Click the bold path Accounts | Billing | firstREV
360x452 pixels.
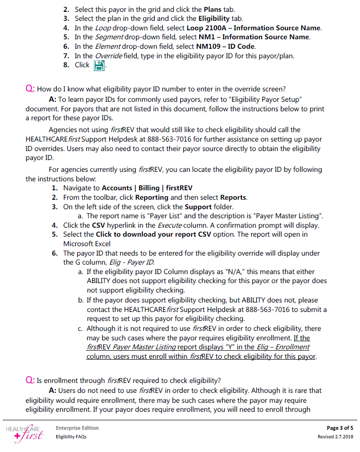(147, 188)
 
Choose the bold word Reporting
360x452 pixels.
(151, 197)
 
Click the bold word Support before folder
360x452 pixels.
(198, 207)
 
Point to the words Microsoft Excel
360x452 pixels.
(87, 244)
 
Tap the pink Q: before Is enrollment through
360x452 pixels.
(30, 381)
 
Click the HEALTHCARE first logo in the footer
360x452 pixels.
(25, 432)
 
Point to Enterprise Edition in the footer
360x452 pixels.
(77, 428)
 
